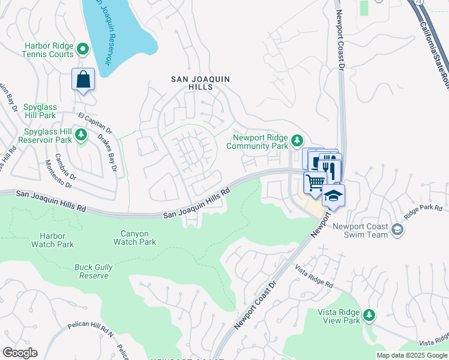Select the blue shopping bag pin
point(83,79)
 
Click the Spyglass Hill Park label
point(39,111)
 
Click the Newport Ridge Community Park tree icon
point(297,141)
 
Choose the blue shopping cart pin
point(315,181)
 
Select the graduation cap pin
point(334,195)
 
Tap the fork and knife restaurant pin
point(330,166)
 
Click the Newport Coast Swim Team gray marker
point(397,229)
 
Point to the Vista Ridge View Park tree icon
point(370,314)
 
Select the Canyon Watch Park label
point(134,238)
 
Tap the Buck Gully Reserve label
point(91,271)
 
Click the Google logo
point(20,353)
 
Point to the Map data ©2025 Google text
point(412,355)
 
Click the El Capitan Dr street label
point(95,120)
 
